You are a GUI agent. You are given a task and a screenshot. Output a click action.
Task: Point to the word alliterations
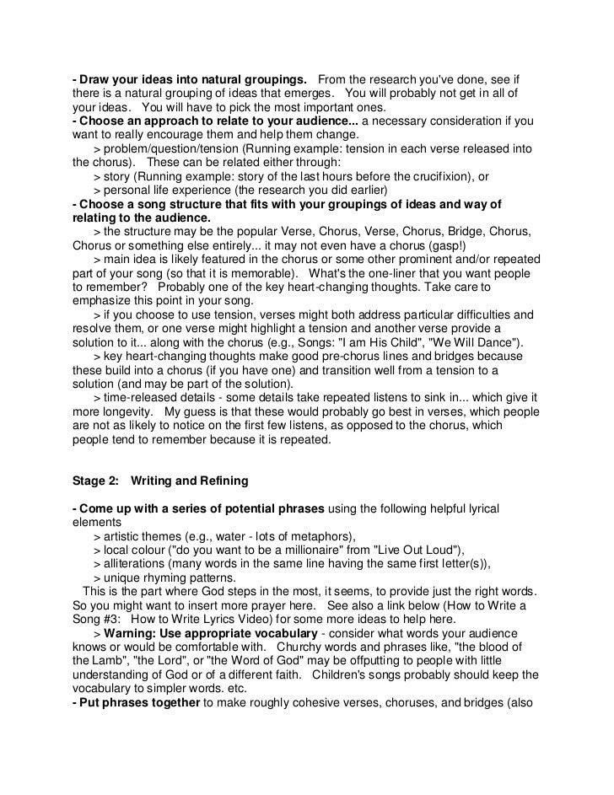[139, 563]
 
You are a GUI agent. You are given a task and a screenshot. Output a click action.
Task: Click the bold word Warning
[134, 631]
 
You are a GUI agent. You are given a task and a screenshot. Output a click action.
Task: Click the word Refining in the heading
[220, 481]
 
